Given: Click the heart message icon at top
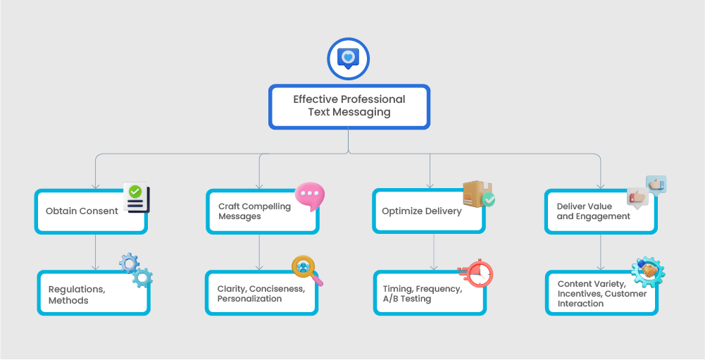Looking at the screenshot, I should pos(349,58).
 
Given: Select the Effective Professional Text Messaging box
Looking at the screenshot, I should pos(349,106).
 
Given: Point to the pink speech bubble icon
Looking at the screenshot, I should pos(309,197).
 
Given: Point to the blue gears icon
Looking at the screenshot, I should pos(135,270).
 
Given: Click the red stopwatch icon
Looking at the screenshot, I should pos(477,273).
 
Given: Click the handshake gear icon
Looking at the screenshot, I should pos(648,271).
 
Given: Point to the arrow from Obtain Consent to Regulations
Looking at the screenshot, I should pos(95,252).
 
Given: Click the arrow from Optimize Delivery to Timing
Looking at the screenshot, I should pos(434,252).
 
